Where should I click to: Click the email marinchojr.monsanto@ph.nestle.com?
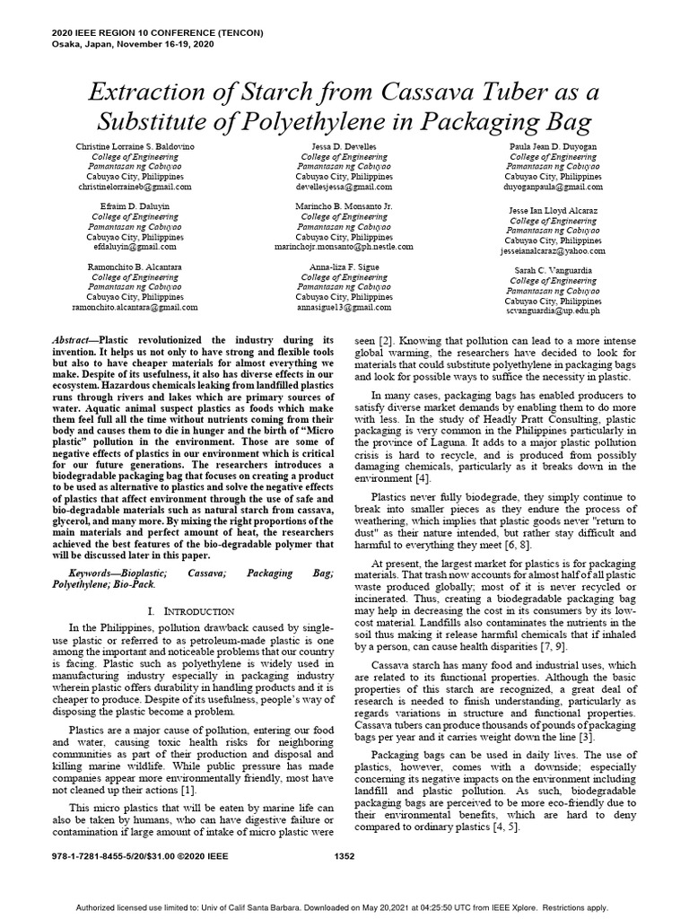(x=344, y=246)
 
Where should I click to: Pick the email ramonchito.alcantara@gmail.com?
(x=135, y=306)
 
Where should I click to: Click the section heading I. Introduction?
(x=189, y=610)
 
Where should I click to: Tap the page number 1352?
(x=344, y=856)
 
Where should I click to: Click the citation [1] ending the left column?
(x=187, y=790)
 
